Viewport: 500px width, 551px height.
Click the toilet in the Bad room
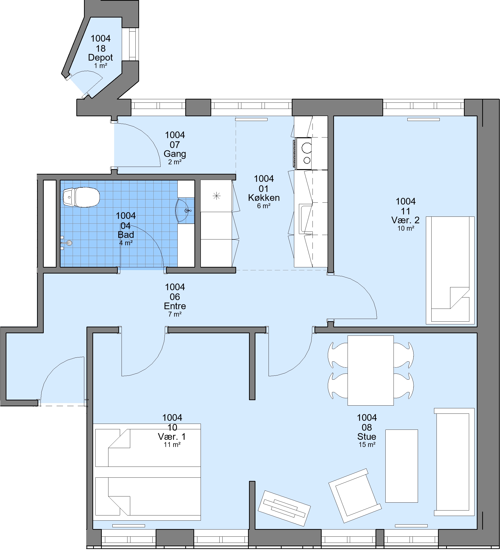(81, 197)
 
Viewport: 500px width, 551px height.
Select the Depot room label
(100, 57)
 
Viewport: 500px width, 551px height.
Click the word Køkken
(264, 197)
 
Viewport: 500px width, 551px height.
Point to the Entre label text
(175, 306)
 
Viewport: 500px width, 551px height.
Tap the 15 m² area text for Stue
(367, 445)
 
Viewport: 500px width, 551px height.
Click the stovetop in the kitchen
(304, 153)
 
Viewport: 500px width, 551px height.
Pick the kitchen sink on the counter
(306, 219)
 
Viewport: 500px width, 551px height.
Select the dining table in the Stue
(370, 370)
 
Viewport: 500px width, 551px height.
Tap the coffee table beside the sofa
(401, 466)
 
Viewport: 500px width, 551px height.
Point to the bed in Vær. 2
(450, 270)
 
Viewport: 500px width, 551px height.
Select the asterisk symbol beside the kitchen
(216, 196)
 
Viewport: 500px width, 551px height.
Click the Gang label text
(175, 154)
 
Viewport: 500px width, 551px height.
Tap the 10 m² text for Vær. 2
(406, 228)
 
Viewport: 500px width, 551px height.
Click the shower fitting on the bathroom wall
(66, 243)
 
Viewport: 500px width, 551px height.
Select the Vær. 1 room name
(172, 436)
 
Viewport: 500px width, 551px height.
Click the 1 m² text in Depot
(100, 66)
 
